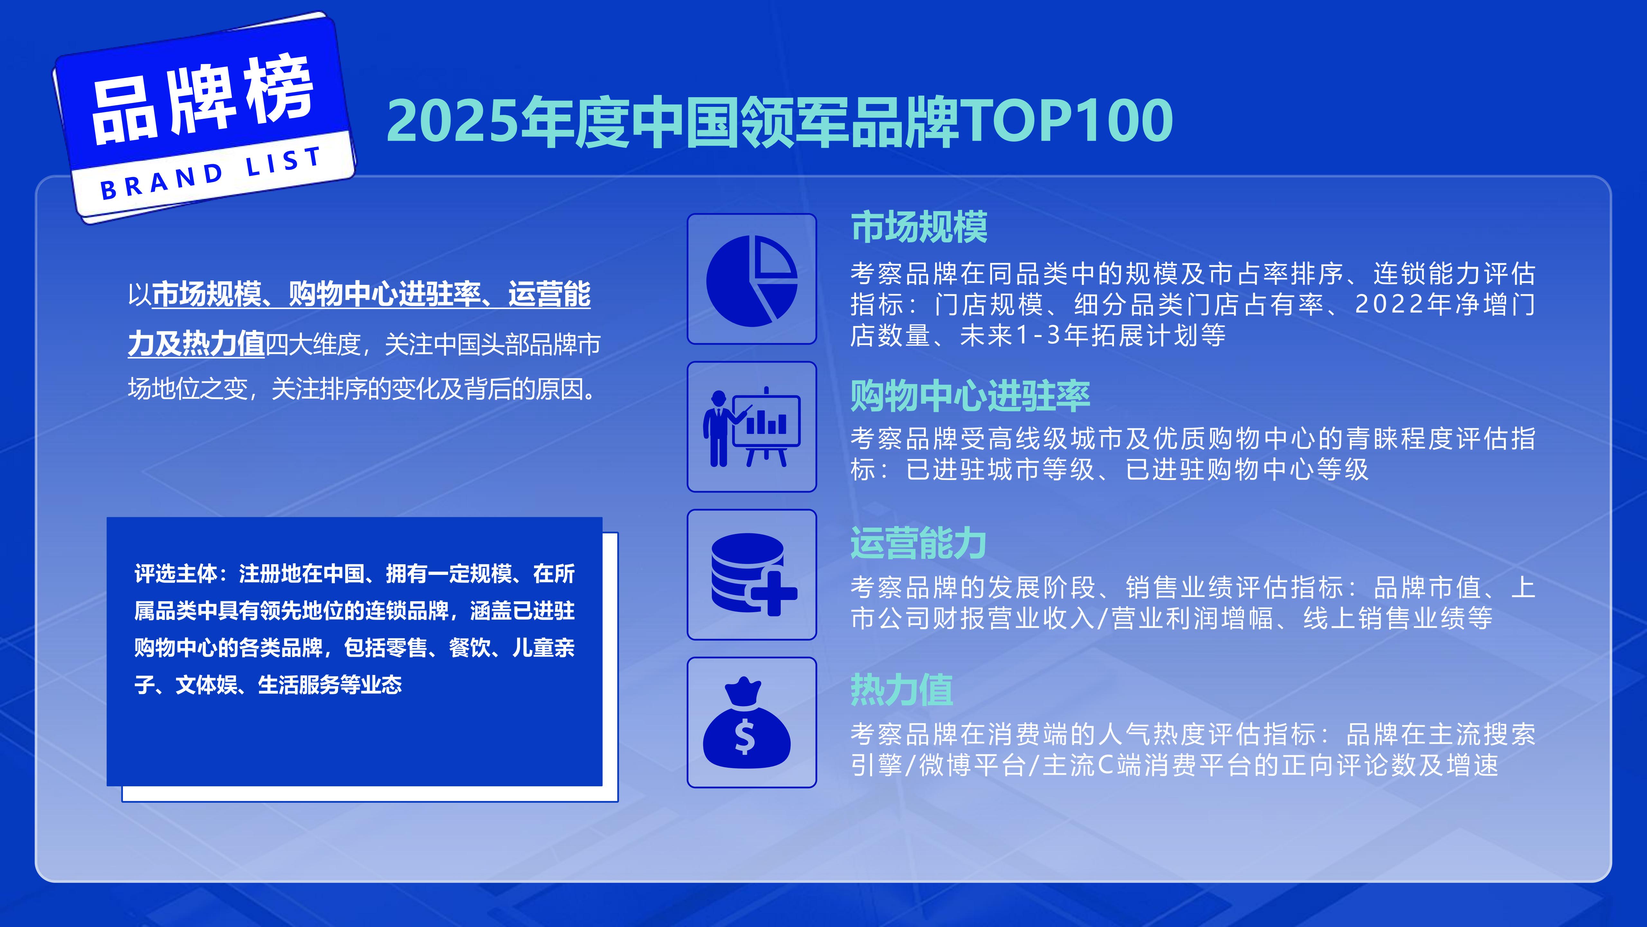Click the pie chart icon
coord(751,280)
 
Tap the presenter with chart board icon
coord(751,427)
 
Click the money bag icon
coord(747,723)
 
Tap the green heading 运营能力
coord(918,544)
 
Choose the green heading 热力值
coord(901,690)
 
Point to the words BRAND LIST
coord(211,173)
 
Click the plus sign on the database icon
coord(774,593)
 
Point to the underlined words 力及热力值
coord(196,344)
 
